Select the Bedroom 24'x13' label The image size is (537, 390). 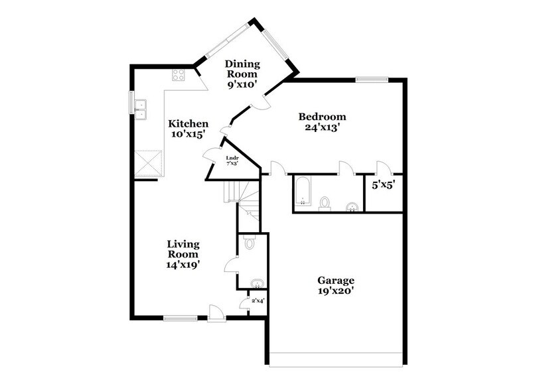[x=325, y=122]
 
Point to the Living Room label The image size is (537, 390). [x=183, y=254]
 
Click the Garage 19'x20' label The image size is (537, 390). [x=335, y=286]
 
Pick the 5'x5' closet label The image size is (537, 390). [x=383, y=186]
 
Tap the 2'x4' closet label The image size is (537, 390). [x=257, y=302]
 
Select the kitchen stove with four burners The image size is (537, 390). [x=179, y=75]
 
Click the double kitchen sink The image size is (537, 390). [x=141, y=109]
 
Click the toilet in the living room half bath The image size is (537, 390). [x=250, y=243]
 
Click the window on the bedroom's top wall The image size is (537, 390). [x=371, y=80]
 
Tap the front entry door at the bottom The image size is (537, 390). [x=216, y=314]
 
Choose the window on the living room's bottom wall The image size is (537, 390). [x=180, y=319]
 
